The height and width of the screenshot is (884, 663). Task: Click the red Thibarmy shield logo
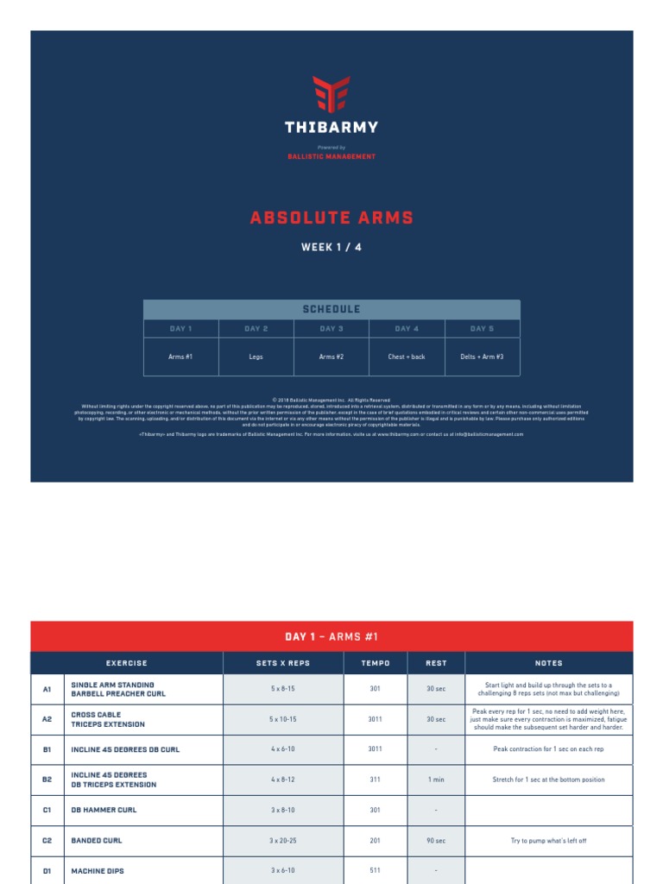point(331,94)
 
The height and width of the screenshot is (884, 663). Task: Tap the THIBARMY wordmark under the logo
point(331,128)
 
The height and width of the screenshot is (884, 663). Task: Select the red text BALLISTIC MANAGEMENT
point(331,156)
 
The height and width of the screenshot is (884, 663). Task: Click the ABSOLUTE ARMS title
point(331,218)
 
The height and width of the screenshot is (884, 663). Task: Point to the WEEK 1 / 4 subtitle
point(331,248)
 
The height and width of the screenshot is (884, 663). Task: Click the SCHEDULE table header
point(331,309)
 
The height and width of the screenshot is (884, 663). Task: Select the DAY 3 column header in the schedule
point(331,329)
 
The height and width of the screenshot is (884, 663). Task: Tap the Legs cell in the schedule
point(256,357)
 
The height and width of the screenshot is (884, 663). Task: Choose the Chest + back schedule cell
point(407,357)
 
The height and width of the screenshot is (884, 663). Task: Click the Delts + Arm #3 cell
point(482,357)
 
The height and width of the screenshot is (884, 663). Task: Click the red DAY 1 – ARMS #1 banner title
point(331,637)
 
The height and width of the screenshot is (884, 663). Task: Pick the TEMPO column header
point(376,663)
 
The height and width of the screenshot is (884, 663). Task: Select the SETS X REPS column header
point(283,663)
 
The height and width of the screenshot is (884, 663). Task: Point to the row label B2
point(47,780)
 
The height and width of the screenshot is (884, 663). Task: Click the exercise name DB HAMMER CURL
point(104,811)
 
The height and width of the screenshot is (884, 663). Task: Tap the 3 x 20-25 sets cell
point(283,841)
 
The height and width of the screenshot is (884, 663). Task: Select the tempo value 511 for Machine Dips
point(376,871)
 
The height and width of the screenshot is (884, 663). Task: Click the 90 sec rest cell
point(436,841)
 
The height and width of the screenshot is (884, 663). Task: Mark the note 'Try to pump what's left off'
point(548,841)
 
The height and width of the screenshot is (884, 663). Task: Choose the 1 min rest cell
point(436,780)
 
